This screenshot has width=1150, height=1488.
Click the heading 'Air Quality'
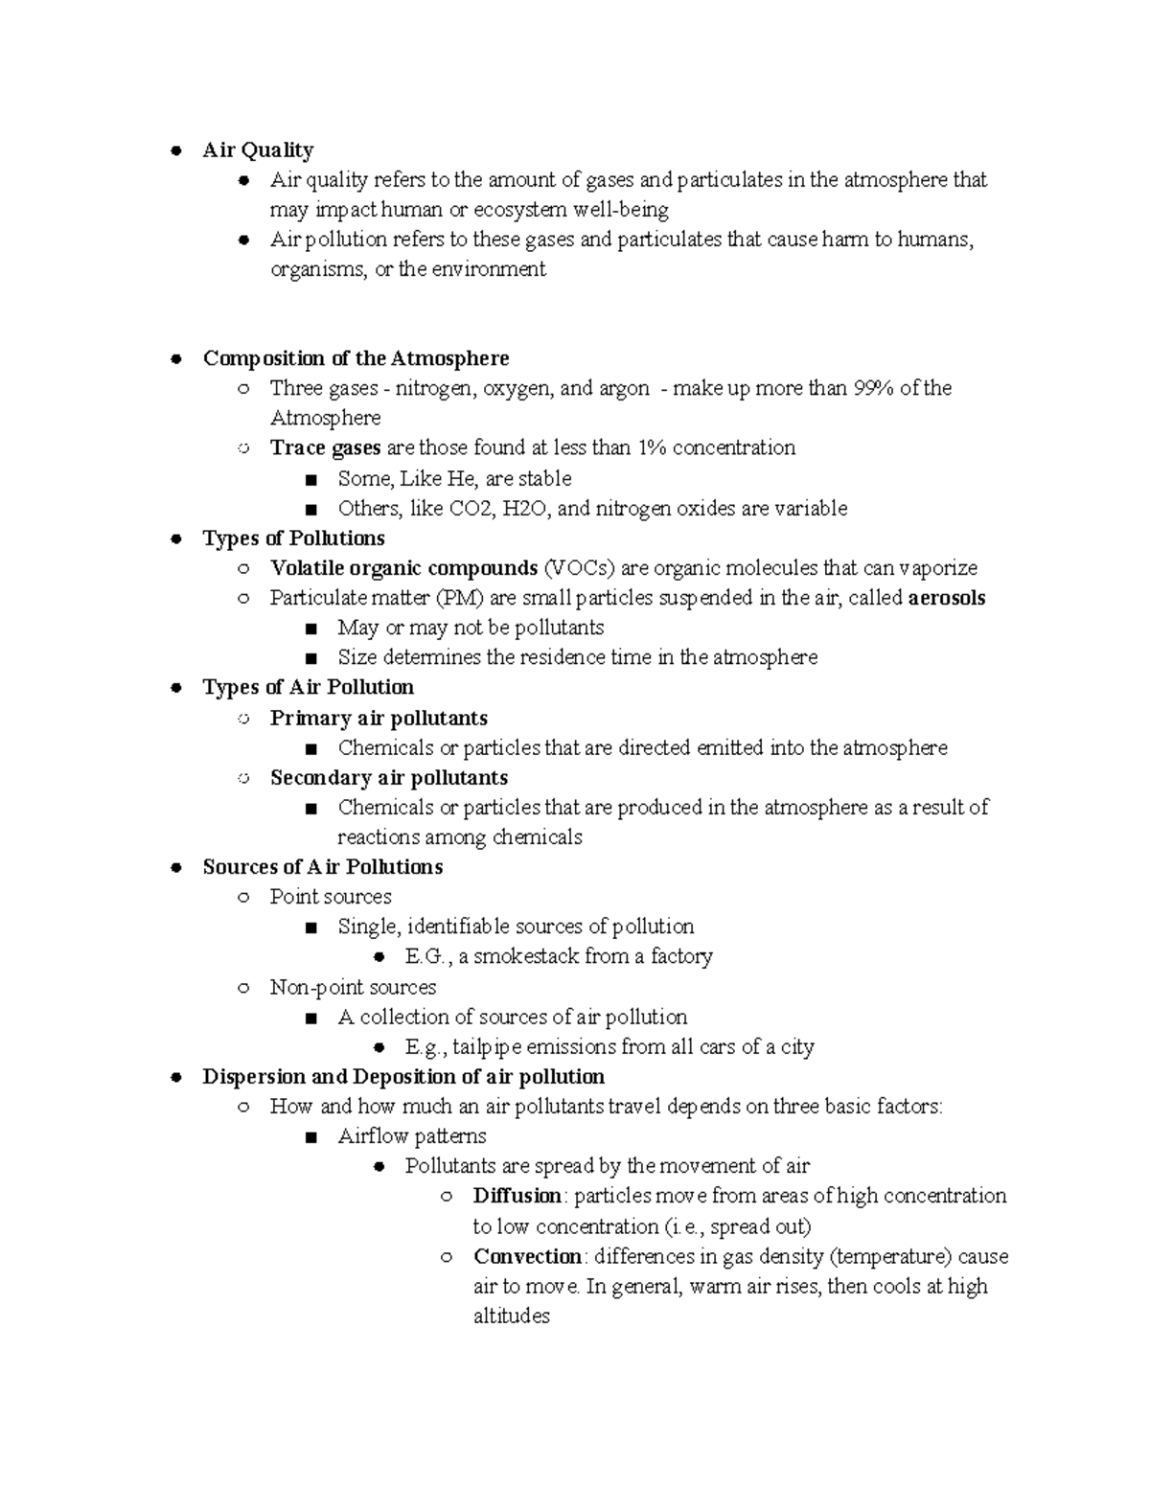click(258, 150)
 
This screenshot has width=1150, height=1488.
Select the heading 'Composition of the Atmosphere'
click(356, 358)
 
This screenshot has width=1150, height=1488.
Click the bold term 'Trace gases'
click(325, 447)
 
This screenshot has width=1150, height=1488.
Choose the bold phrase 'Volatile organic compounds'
click(403, 568)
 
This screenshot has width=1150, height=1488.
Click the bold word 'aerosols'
click(947, 598)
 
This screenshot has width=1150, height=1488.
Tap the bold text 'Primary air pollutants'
click(379, 718)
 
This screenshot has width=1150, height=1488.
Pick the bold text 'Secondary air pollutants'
click(389, 777)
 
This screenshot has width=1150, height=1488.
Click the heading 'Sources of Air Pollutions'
click(323, 867)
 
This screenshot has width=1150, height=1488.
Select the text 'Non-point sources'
click(353, 987)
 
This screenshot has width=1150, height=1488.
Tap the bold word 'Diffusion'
click(517, 1196)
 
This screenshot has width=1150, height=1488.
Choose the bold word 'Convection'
click(527, 1256)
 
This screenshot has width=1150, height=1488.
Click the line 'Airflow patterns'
click(412, 1136)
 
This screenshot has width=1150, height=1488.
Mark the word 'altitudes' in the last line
click(512, 1316)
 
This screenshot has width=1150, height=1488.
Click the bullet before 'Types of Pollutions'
click(175, 538)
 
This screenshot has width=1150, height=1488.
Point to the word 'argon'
click(625, 388)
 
